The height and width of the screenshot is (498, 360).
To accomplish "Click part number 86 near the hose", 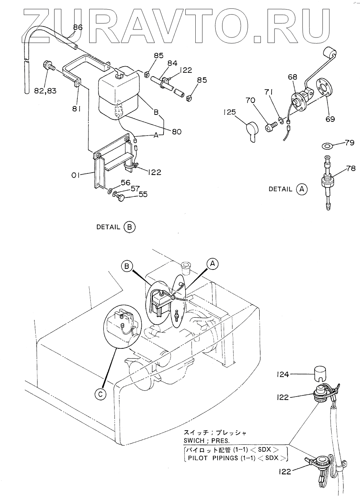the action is click(78, 27).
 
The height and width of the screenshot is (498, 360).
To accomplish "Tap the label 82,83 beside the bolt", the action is click(45, 91).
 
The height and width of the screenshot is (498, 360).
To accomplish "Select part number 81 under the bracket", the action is click(76, 109).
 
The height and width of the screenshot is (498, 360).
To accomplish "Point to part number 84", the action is click(172, 64).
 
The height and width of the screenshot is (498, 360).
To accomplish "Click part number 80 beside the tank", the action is click(177, 132).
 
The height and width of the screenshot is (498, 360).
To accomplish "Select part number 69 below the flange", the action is click(330, 119).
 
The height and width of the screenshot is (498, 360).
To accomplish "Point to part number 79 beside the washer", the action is click(349, 142).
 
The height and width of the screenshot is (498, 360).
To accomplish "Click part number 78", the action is click(351, 168).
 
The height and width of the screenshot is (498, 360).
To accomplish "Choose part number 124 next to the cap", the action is click(283, 375).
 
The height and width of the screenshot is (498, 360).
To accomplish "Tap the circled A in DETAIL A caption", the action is click(302, 189).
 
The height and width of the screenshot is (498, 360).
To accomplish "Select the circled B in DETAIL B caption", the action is click(129, 227).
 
